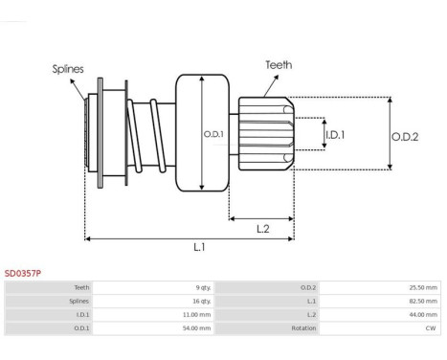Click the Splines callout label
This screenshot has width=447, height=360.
[x=68, y=69]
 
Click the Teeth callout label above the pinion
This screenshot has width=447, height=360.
[x=279, y=65]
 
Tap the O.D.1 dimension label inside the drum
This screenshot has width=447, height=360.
[x=213, y=134]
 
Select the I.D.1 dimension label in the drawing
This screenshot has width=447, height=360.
[x=335, y=135]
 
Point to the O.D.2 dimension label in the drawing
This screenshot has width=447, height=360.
[x=405, y=137]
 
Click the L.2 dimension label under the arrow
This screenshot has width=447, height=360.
[x=263, y=229]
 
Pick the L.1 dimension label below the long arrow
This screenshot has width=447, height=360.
[x=199, y=247]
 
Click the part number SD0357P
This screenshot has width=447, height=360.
[x=23, y=274]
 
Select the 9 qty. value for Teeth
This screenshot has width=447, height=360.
[x=203, y=287]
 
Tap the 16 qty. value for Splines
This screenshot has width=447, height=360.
[x=202, y=301]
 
